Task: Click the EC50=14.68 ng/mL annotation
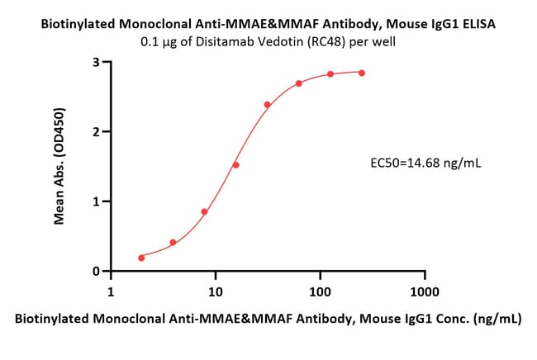tap(425, 163)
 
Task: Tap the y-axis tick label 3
tap(97, 62)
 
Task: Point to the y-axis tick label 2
tap(97, 131)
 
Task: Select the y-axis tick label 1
tap(97, 201)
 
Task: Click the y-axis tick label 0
tap(97, 271)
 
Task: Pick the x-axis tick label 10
tap(215, 292)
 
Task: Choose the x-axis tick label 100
tap(320, 292)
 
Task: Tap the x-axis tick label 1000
tap(424, 292)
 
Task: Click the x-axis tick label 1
tap(112, 292)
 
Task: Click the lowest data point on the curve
tap(141, 258)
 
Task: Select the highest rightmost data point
tap(362, 73)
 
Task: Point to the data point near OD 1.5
tap(236, 164)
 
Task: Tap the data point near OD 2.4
tap(268, 104)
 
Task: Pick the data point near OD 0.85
tap(204, 211)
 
